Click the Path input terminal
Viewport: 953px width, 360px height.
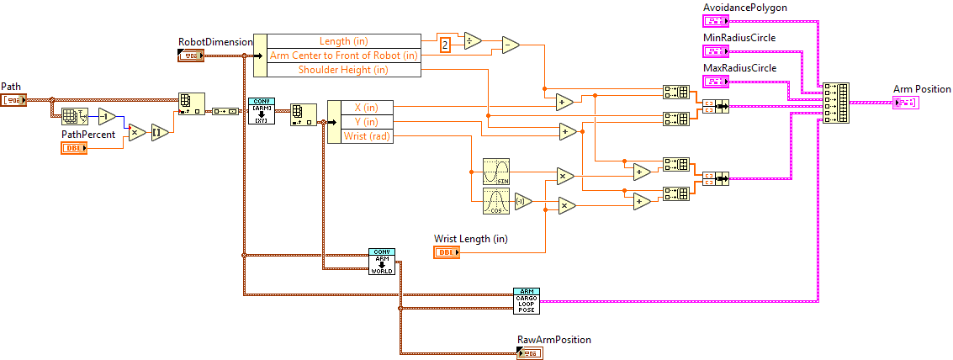point(14,100)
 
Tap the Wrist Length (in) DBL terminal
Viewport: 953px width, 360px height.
point(447,252)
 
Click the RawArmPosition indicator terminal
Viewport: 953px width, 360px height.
point(530,353)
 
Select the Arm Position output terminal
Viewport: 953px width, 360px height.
point(906,103)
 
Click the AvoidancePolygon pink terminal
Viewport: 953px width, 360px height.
point(716,20)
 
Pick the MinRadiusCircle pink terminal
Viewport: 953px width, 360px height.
point(716,50)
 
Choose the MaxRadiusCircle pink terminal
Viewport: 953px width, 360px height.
point(716,81)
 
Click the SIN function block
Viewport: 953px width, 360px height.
point(495,171)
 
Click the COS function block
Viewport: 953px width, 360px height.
point(495,202)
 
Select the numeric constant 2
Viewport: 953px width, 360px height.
point(446,45)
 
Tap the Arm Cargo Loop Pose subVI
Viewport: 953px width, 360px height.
point(527,300)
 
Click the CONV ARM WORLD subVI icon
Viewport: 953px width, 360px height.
point(381,261)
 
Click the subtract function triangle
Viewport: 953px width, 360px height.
point(511,45)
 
